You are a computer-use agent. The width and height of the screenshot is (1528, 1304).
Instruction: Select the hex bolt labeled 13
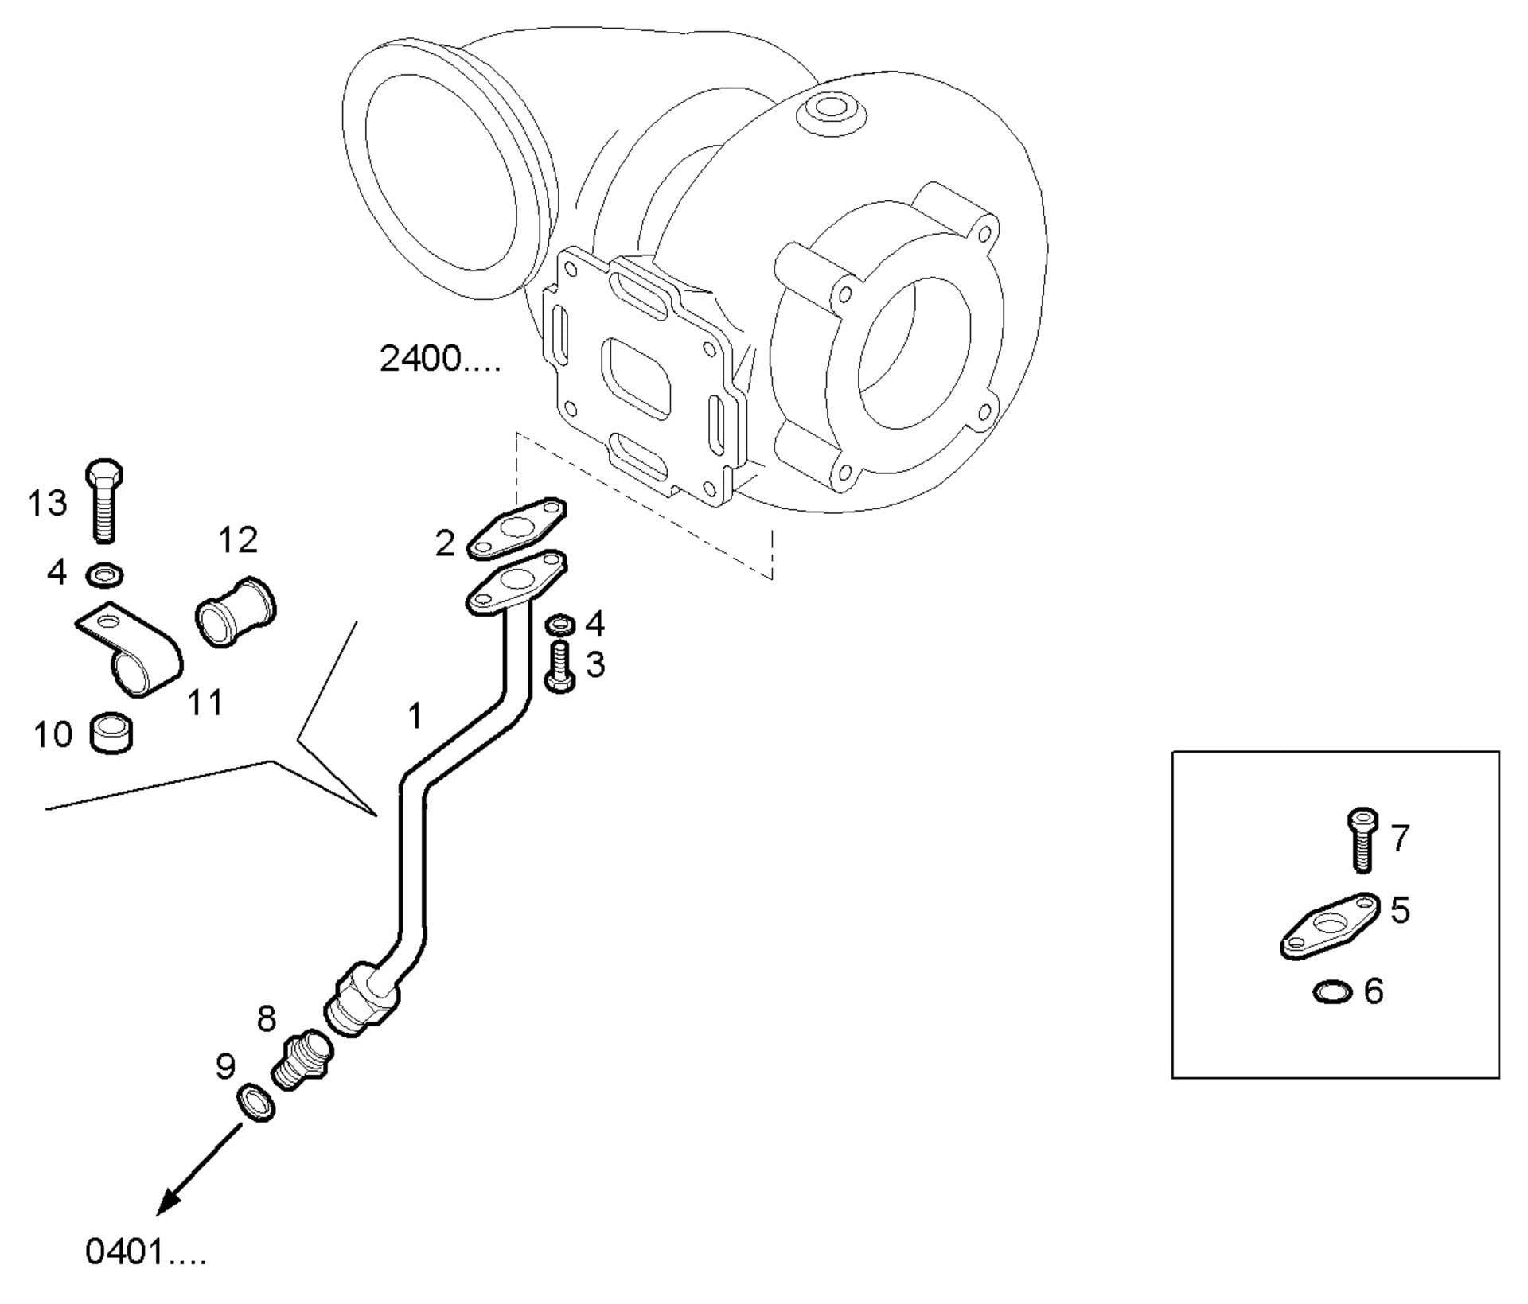(103, 500)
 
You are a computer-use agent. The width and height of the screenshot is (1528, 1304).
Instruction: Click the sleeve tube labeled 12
(236, 612)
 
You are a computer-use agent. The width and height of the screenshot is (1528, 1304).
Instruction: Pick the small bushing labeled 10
(112, 733)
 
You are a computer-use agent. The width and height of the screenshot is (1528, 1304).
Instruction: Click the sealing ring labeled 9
(255, 1102)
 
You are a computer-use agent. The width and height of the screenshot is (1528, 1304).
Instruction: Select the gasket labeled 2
(516, 528)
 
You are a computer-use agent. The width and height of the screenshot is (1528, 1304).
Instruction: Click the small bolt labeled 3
(560, 666)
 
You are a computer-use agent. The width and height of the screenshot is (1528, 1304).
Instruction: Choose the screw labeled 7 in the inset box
(1362, 840)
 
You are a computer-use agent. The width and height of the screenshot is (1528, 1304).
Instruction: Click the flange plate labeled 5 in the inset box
(1330, 926)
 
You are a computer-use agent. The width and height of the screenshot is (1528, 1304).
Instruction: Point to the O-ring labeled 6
(1332, 993)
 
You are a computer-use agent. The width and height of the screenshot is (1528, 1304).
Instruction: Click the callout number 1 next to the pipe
(415, 716)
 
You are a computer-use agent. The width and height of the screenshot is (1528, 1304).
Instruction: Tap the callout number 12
(238, 540)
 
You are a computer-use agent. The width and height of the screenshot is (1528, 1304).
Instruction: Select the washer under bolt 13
(104, 574)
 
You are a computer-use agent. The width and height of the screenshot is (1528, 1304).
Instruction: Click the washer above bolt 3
(561, 624)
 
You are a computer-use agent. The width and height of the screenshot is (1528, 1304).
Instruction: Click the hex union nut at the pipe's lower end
(363, 1000)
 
